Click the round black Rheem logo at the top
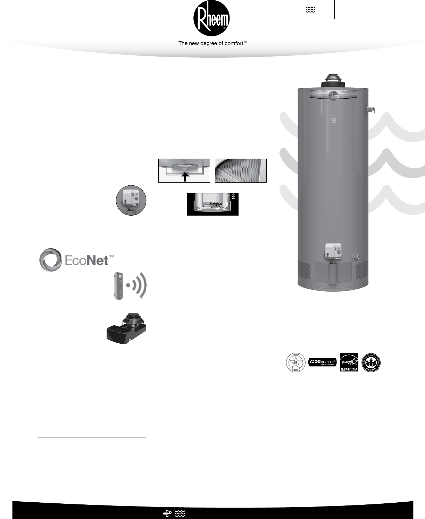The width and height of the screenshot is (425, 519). coord(211,18)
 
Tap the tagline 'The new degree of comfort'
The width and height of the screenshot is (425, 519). coord(212,43)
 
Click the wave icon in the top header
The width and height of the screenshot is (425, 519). coord(310,10)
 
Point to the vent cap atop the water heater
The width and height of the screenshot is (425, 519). coord(333,81)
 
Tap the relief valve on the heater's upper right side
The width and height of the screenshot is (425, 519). coord(370,110)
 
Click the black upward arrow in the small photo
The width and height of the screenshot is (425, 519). coord(185,176)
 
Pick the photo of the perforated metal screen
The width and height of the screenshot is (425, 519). coord(241,170)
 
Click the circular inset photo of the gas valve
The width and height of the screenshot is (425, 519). coord(131,200)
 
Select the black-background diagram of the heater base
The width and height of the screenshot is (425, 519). coord(212,204)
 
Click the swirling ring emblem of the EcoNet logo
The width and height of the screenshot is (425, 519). coord(51,260)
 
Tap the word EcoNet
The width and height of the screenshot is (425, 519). coord(87,260)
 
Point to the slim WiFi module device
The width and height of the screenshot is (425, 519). coord(118,286)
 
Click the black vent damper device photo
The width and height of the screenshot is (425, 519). coord(126,328)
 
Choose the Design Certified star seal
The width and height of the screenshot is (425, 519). coord(295,362)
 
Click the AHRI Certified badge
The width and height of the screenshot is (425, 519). coord(322,362)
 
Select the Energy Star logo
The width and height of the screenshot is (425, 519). coord(349,362)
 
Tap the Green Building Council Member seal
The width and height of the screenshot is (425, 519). coord(371,363)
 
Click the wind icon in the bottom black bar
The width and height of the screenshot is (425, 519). coord(167,513)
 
